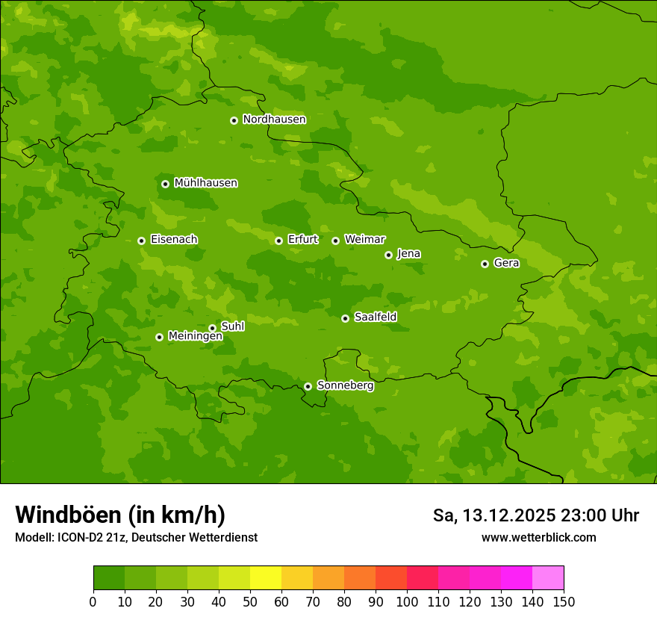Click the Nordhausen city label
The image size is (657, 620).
click(274, 120)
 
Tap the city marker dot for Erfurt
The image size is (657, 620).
click(278, 241)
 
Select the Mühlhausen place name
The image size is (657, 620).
click(205, 183)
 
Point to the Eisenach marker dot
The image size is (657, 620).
click(141, 241)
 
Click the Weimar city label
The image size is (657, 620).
click(364, 240)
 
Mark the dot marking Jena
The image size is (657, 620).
click(388, 255)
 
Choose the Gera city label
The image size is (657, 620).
click(506, 263)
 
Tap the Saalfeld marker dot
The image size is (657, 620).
click(345, 318)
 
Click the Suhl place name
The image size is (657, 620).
click(232, 326)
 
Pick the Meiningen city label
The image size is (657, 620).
click(195, 336)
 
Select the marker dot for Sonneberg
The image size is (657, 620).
click(308, 386)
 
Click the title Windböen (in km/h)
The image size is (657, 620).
click(120, 515)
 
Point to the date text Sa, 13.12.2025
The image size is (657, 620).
click(493, 515)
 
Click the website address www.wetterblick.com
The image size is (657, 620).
click(538, 537)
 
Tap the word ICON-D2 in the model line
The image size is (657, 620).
click(79, 537)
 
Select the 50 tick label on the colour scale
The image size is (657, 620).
click(250, 602)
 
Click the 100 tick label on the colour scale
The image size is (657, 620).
click(407, 602)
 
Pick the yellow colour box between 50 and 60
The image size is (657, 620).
click(266, 578)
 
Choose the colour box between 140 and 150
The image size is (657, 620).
click(548, 578)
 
